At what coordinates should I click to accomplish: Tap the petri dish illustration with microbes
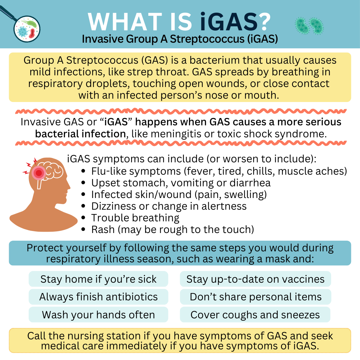tap(27, 29)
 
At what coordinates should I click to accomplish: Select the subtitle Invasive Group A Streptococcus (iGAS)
tap(180, 39)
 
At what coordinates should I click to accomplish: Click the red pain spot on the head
tap(39, 173)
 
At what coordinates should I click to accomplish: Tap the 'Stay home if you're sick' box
tap(98, 279)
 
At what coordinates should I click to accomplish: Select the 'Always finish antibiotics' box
tap(98, 297)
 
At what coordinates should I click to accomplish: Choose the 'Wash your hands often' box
tap(98, 315)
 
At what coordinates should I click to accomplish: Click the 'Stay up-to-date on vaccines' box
tap(255, 279)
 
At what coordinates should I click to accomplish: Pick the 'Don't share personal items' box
tap(255, 297)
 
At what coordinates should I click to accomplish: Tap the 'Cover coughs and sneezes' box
tap(255, 315)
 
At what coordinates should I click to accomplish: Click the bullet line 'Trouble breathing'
tap(130, 218)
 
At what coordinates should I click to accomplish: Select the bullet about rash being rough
tap(168, 230)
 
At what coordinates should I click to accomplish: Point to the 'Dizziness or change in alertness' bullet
tap(164, 206)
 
